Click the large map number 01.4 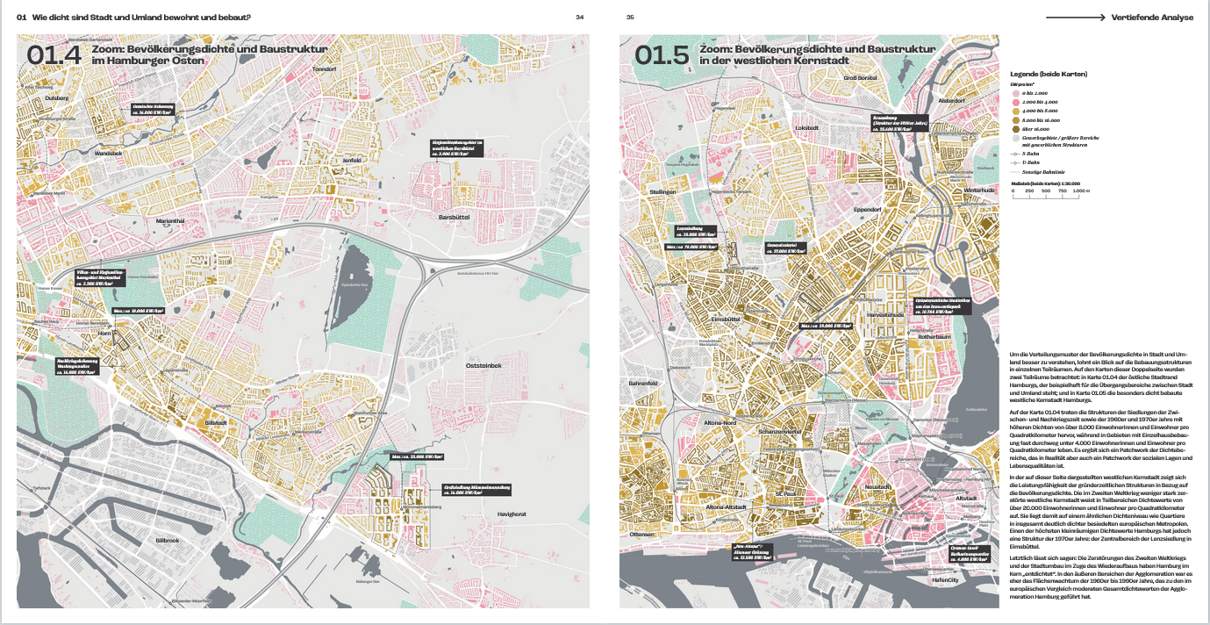click(54, 55)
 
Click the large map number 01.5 click(662, 55)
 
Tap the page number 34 click(579, 17)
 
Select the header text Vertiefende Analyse click(1152, 17)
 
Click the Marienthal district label click(170, 221)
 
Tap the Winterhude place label click(978, 190)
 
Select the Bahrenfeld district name click(642, 384)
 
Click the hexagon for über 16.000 click(1016, 129)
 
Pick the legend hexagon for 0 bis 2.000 click(1016, 92)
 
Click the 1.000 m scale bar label click(1080, 190)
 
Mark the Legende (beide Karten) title click(1049, 74)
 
